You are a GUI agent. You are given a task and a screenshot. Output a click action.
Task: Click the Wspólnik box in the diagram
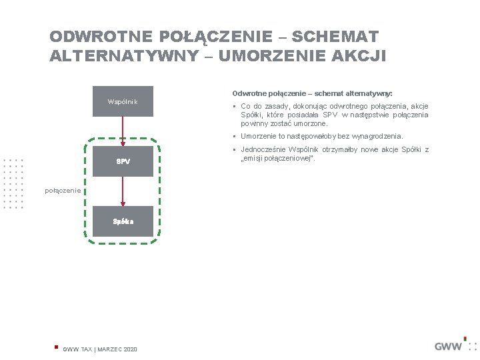(x=123, y=101)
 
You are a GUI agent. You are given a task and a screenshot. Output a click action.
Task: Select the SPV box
(x=123, y=161)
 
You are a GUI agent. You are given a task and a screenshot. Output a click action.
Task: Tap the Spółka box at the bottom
(x=123, y=221)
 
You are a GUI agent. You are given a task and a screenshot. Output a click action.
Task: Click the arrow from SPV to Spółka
(x=123, y=191)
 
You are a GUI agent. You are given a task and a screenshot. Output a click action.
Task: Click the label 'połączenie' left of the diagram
(x=63, y=191)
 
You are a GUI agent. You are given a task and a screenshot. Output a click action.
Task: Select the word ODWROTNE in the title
(x=101, y=36)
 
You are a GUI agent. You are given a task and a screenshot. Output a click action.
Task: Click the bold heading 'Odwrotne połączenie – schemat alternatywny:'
(x=312, y=94)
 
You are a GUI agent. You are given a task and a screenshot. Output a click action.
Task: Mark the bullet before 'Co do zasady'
(x=235, y=107)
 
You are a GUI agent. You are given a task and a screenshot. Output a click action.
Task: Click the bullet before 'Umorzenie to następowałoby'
(x=235, y=136)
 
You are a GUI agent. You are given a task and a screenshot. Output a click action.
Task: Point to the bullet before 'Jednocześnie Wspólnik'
(x=235, y=150)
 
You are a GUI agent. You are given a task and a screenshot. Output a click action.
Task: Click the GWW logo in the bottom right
(x=449, y=345)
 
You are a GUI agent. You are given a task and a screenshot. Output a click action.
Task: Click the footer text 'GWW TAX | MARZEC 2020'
(x=100, y=349)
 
